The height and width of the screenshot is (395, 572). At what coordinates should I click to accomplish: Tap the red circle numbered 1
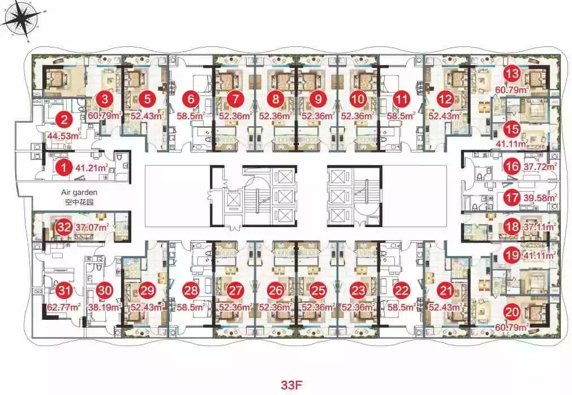click(x=64, y=168)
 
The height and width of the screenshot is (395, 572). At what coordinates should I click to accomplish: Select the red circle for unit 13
click(x=513, y=74)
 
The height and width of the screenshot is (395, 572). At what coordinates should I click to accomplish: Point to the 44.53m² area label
click(x=64, y=136)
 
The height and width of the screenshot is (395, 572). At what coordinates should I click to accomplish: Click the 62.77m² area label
click(x=64, y=307)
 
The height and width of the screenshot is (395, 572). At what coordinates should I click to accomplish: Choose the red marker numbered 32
click(x=64, y=227)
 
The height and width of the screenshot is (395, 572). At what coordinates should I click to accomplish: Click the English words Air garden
click(x=79, y=192)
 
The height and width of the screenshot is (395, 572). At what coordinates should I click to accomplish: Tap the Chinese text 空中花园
click(x=79, y=202)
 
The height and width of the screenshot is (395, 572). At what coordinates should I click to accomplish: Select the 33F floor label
click(x=292, y=385)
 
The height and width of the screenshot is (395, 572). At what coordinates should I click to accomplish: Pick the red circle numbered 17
click(x=513, y=198)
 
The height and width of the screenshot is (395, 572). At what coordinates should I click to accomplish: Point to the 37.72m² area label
click(x=541, y=166)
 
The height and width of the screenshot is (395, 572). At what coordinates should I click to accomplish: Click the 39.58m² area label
click(x=541, y=198)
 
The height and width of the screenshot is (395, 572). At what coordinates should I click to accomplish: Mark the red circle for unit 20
click(x=513, y=312)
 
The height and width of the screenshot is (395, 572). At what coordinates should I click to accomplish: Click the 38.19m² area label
click(x=104, y=307)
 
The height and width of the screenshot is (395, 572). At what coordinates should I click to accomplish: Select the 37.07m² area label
click(x=92, y=227)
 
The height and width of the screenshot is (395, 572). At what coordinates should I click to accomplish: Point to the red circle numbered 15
click(x=513, y=129)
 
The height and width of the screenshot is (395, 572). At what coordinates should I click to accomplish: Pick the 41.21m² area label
click(x=92, y=168)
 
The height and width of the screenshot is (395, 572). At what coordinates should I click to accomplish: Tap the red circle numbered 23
click(x=358, y=290)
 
